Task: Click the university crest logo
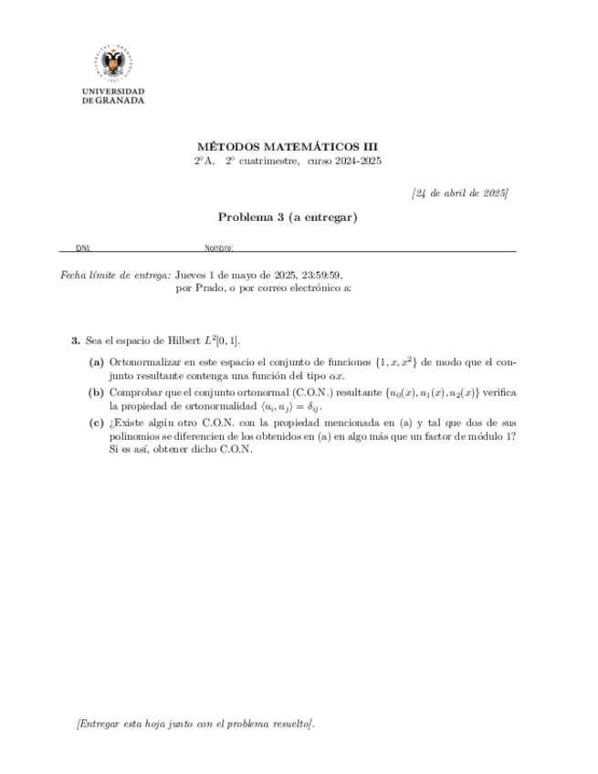[113, 65]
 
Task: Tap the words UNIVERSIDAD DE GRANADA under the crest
[113, 97]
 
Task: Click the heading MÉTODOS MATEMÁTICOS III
[287, 147]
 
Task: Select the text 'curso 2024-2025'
[344, 161]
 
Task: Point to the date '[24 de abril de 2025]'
[459, 193]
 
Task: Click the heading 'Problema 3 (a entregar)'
[287, 217]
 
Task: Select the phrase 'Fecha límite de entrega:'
[115, 274]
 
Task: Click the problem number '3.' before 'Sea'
[76, 340]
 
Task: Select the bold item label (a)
[96, 362]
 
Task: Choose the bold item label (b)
[96, 392]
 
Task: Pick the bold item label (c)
[96, 423]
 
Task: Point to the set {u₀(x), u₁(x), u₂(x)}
[414, 392]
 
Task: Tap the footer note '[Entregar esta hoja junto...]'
[196, 724]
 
